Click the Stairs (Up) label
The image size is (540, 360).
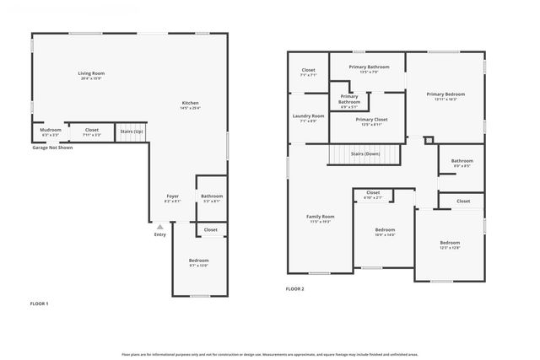point(131,132)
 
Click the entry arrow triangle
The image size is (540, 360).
point(159,226)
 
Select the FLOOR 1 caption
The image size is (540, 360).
point(40,303)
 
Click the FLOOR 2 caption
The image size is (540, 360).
point(294,289)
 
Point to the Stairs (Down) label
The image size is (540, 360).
point(365,154)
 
